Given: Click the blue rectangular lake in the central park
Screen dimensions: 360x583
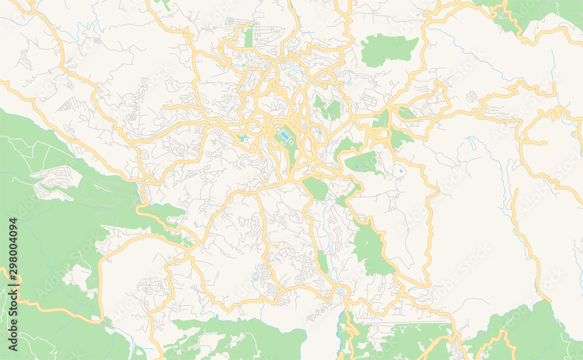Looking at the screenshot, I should coord(284,135).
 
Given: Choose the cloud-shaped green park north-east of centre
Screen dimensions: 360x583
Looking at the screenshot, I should coord(388,50).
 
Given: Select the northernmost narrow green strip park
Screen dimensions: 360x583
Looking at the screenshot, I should coord(249,36).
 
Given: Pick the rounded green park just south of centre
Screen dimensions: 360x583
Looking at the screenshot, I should coord(315,188).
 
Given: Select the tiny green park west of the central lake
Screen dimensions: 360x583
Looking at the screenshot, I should coord(241,138).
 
